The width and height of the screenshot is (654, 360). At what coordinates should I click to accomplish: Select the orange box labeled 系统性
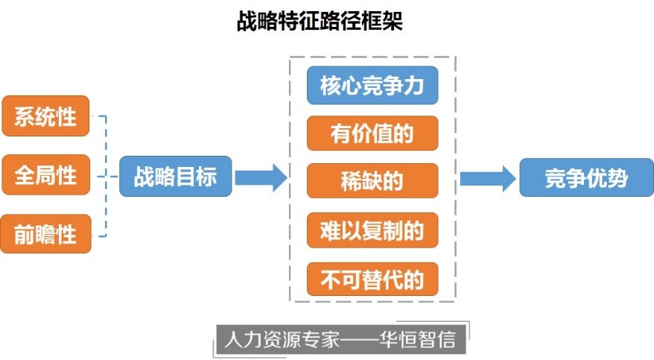45,116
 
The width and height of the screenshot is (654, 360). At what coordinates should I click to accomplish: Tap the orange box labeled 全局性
45,176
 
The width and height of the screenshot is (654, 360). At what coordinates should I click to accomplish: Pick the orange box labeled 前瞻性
45,234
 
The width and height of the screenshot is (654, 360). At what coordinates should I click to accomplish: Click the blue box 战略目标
176,177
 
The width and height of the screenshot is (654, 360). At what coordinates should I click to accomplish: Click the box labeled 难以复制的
372,230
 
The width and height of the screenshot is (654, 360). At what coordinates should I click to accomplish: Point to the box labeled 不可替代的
372,279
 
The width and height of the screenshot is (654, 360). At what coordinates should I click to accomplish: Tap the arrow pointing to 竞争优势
487,178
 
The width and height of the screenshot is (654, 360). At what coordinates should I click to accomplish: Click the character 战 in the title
246,21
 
